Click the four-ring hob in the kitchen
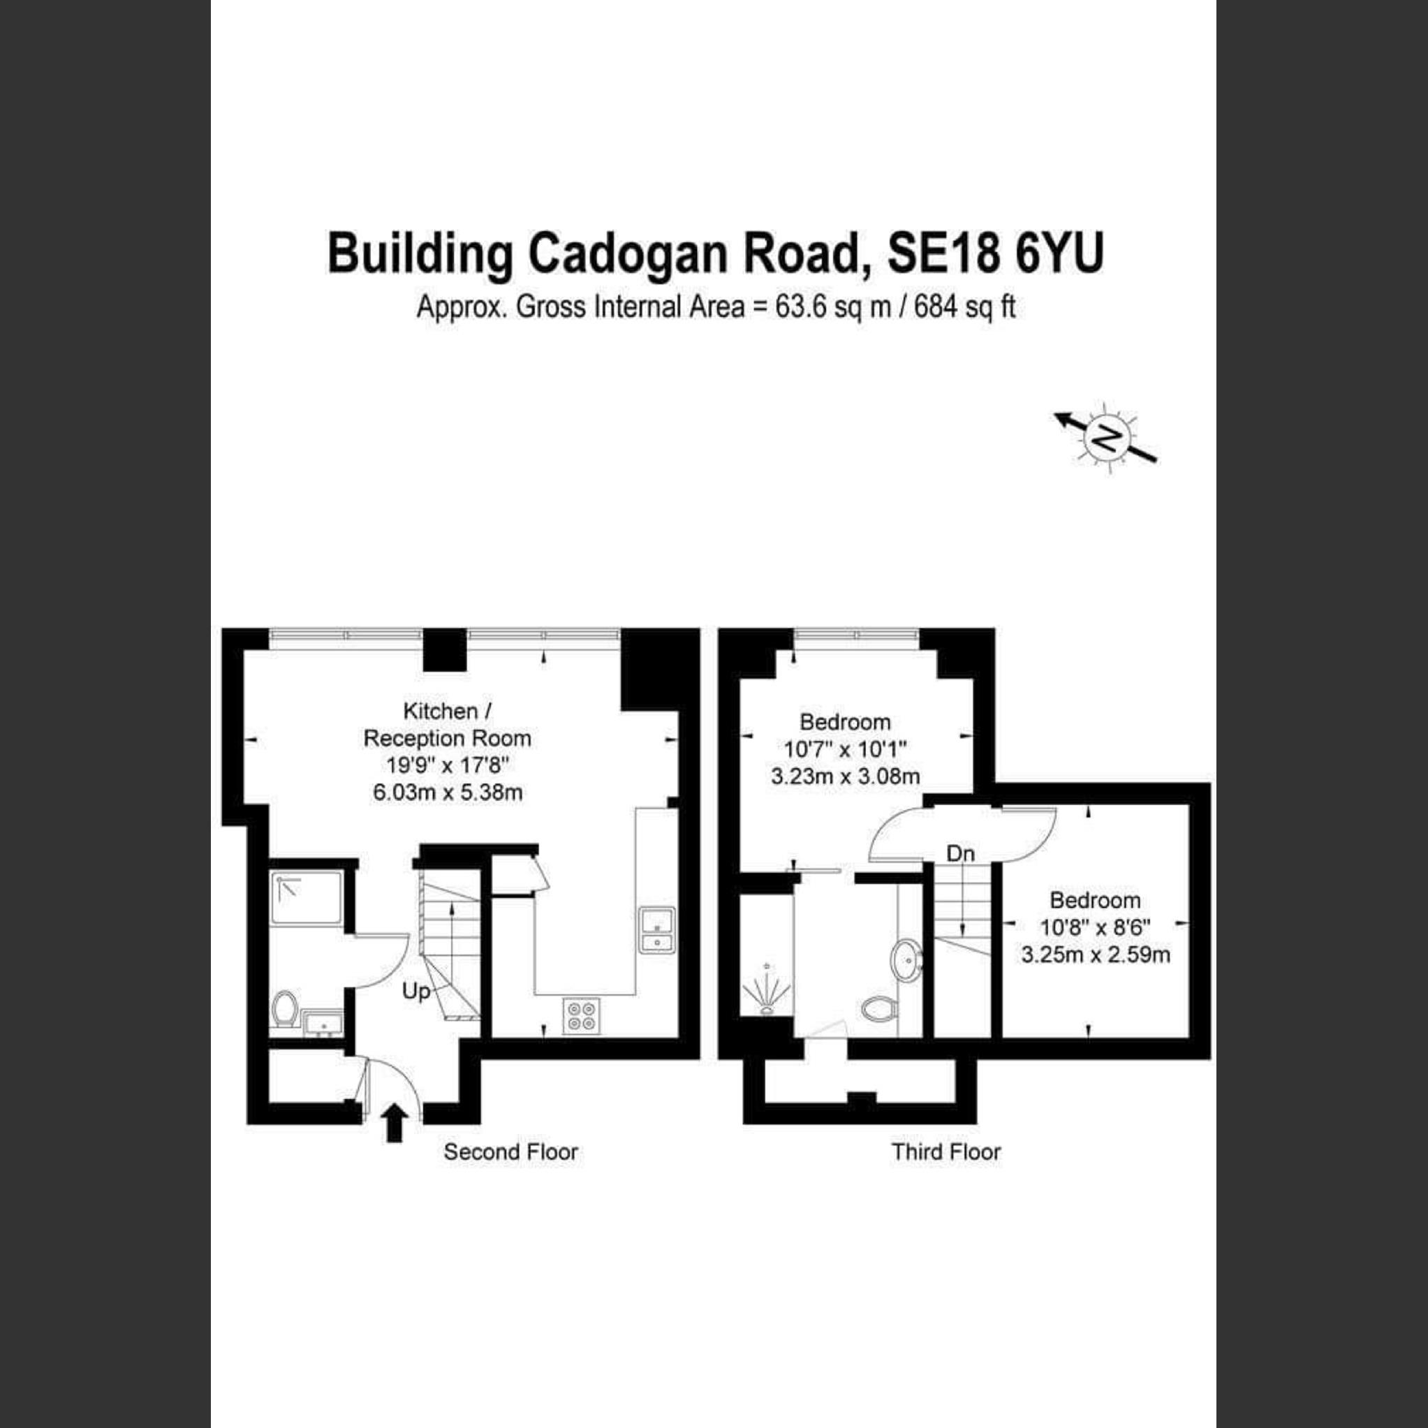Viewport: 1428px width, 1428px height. point(582,1015)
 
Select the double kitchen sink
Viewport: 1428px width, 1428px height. point(656,931)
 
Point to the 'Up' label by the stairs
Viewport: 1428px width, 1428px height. point(416,992)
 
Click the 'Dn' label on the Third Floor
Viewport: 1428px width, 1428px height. point(961,855)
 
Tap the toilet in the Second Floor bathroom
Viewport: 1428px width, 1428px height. point(285,1009)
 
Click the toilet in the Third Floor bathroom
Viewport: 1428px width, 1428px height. point(879,1008)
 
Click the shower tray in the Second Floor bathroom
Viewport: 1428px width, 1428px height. point(306,898)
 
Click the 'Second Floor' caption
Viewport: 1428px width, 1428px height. point(510,1152)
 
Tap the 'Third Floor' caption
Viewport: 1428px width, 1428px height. point(946,1152)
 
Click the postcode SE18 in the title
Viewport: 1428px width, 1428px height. point(944,253)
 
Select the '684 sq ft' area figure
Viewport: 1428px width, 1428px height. point(964,307)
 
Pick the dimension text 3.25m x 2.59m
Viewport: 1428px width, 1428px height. point(1096,955)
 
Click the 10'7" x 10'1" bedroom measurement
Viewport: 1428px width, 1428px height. point(845,749)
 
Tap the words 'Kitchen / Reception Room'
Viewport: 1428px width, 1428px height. point(447,725)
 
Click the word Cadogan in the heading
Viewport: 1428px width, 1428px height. point(629,253)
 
